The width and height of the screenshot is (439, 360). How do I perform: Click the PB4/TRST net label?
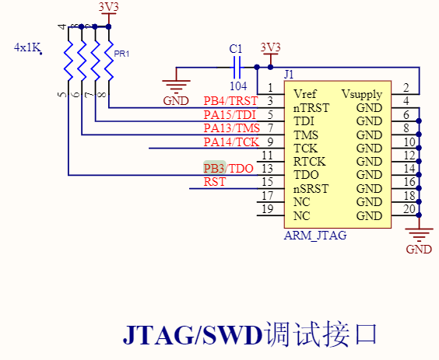230,101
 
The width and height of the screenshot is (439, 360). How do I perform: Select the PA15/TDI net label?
230,115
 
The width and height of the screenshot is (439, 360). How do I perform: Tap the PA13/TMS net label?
231,128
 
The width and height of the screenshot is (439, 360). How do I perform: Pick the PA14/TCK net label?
231,142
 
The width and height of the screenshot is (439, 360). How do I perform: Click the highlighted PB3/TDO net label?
229,169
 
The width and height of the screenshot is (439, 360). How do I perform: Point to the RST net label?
215,183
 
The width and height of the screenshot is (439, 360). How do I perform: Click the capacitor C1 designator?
236,49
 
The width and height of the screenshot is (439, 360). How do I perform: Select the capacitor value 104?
239,86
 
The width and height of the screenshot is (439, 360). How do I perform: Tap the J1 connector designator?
289,75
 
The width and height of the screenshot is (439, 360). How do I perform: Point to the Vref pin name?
305,94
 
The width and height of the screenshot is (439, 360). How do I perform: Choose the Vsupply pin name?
361,94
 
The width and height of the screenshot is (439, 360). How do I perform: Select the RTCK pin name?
309,161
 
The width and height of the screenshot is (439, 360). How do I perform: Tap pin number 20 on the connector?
407,209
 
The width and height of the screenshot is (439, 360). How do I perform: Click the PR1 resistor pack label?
121,54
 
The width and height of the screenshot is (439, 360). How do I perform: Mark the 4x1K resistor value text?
27,47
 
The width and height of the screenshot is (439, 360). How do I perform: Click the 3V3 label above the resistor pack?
109,7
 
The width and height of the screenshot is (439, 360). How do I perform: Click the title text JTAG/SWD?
192,334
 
